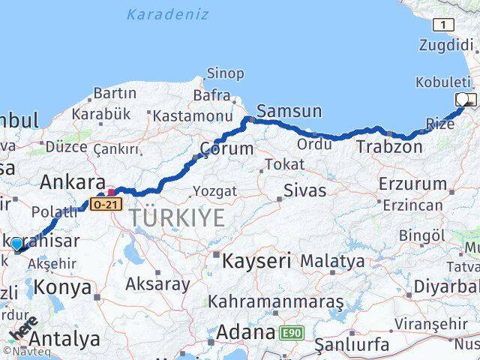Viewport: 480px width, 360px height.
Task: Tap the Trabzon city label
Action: pos(389,146)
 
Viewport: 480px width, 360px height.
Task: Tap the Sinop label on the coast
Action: pos(225,73)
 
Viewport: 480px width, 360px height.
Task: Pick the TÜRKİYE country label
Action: pos(177,218)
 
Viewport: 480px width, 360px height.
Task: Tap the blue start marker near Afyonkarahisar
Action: pos(16,244)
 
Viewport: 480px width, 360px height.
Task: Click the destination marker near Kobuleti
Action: pos(464,99)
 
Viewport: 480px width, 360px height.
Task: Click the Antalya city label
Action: pos(66,339)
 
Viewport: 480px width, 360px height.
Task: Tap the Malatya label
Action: pos(332,262)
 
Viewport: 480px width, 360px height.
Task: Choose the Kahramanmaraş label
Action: pos(275,301)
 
